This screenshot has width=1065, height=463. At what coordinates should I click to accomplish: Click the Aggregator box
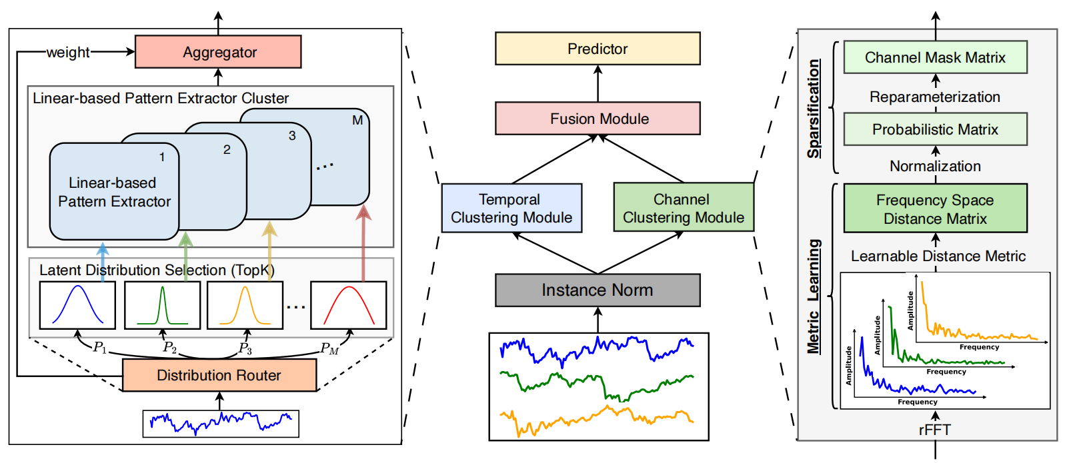pyautogui.click(x=218, y=52)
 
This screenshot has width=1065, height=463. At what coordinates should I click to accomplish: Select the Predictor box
pyautogui.click(x=598, y=49)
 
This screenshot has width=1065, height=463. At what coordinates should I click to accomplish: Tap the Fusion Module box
pyautogui.click(x=598, y=119)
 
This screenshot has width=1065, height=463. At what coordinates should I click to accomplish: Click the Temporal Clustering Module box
pyautogui.click(x=511, y=209)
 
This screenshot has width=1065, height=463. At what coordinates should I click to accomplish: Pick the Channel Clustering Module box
pyautogui.click(x=683, y=209)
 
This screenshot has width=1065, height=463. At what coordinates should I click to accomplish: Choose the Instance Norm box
pyautogui.click(x=598, y=290)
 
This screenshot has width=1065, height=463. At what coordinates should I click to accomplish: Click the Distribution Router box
pyautogui.click(x=219, y=375)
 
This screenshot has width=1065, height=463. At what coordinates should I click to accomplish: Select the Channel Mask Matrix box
pyautogui.click(x=935, y=57)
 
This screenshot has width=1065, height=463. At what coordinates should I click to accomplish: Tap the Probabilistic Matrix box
pyautogui.click(x=935, y=129)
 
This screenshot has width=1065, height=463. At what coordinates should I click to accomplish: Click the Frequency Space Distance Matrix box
pyautogui.click(x=935, y=209)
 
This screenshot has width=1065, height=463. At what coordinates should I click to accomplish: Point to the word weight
pyautogui.click(x=68, y=52)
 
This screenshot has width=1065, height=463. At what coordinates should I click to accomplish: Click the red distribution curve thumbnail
pyautogui.click(x=348, y=305)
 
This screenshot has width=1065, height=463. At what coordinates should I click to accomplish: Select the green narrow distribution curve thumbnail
pyautogui.click(x=162, y=305)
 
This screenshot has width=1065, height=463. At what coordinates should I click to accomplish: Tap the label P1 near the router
pyautogui.click(x=100, y=347)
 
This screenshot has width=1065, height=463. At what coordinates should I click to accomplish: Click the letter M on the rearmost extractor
pyautogui.click(x=357, y=121)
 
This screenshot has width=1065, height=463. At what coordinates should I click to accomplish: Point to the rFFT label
pyautogui.click(x=934, y=430)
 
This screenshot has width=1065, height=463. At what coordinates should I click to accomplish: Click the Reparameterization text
pyautogui.click(x=935, y=97)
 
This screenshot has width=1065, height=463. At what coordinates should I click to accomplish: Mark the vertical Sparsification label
pyautogui.click(x=814, y=109)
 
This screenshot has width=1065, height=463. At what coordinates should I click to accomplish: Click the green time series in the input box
pyautogui.click(x=598, y=385)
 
